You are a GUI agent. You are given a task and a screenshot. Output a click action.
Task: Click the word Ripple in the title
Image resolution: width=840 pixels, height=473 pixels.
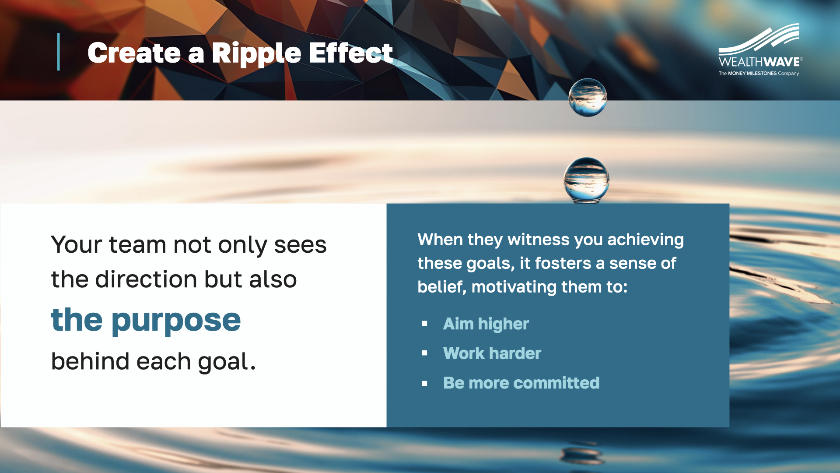click(x=256, y=55)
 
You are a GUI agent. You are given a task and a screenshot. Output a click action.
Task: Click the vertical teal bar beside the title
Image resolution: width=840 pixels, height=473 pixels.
click(x=59, y=52)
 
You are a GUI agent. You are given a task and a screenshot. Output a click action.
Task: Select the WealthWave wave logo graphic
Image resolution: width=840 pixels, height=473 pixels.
click(x=759, y=39)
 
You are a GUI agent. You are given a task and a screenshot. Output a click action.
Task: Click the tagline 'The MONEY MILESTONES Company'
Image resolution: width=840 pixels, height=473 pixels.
click(x=759, y=74)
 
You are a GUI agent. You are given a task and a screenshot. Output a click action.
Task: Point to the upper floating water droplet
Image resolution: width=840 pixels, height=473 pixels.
click(x=588, y=98)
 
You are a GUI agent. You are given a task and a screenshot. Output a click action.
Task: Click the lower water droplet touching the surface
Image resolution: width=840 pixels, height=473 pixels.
click(x=586, y=180)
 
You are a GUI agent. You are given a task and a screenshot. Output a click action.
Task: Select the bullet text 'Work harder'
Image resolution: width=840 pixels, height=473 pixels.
click(x=492, y=353)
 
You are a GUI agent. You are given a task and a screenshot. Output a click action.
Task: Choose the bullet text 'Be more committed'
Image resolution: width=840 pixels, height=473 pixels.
click(x=521, y=383)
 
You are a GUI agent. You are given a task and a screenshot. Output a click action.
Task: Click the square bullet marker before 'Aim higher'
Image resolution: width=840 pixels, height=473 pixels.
click(x=424, y=324)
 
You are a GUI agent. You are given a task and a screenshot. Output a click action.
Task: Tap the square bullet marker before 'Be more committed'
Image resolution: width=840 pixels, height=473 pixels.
click(x=424, y=384)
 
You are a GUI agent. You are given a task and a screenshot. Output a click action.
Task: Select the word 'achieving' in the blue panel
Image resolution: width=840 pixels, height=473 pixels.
click(x=645, y=240)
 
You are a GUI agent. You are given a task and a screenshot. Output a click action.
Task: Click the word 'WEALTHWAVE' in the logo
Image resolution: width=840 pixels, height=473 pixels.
click(x=759, y=62)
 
